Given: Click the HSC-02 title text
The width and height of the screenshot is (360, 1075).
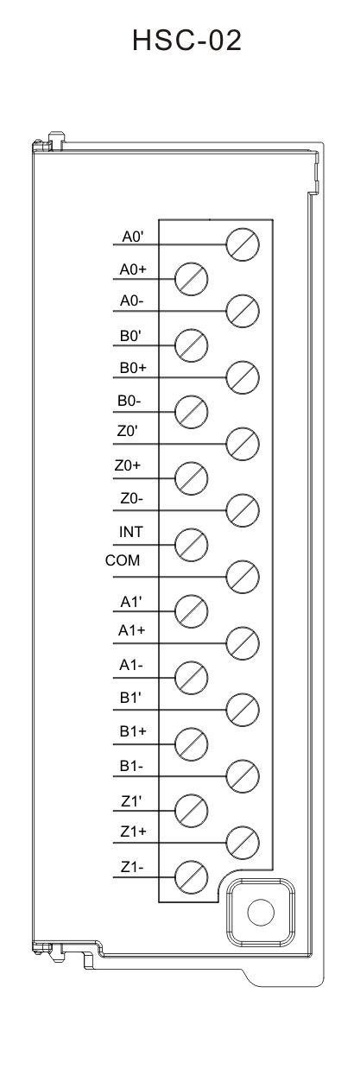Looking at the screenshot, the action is (x=186, y=41).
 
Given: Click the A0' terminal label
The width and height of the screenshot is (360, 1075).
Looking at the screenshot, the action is (x=132, y=237).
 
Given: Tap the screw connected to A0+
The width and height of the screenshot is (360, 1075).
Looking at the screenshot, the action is (x=191, y=278).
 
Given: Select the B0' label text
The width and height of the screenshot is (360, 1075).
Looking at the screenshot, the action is (x=130, y=336).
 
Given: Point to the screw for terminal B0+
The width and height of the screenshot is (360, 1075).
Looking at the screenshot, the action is (x=243, y=377).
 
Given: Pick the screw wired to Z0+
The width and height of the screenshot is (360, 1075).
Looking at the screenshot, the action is (x=191, y=478).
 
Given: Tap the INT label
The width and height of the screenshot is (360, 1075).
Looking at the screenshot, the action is (x=131, y=532).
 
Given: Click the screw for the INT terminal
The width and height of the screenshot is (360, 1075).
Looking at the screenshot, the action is (x=191, y=545).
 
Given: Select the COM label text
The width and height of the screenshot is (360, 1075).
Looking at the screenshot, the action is (x=123, y=560).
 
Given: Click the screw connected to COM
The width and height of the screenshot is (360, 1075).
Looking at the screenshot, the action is (x=243, y=577).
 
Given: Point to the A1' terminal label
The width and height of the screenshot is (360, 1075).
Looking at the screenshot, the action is (x=131, y=601).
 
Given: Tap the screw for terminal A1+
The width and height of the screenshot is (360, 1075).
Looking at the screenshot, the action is (x=243, y=643).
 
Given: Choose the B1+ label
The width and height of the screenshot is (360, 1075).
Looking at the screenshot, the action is (x=133, y=730).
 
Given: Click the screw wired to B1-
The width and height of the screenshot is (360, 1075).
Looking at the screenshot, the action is (x=243, y=776).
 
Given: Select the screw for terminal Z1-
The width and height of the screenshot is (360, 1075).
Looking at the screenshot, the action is (x=191, y=877).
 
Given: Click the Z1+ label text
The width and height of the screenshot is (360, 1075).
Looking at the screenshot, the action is (x=133, y=832).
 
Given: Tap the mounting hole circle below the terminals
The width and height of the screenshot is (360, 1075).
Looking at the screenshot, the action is (x=261, y=913).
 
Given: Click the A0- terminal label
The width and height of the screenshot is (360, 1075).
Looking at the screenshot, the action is (x=132, y=300).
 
